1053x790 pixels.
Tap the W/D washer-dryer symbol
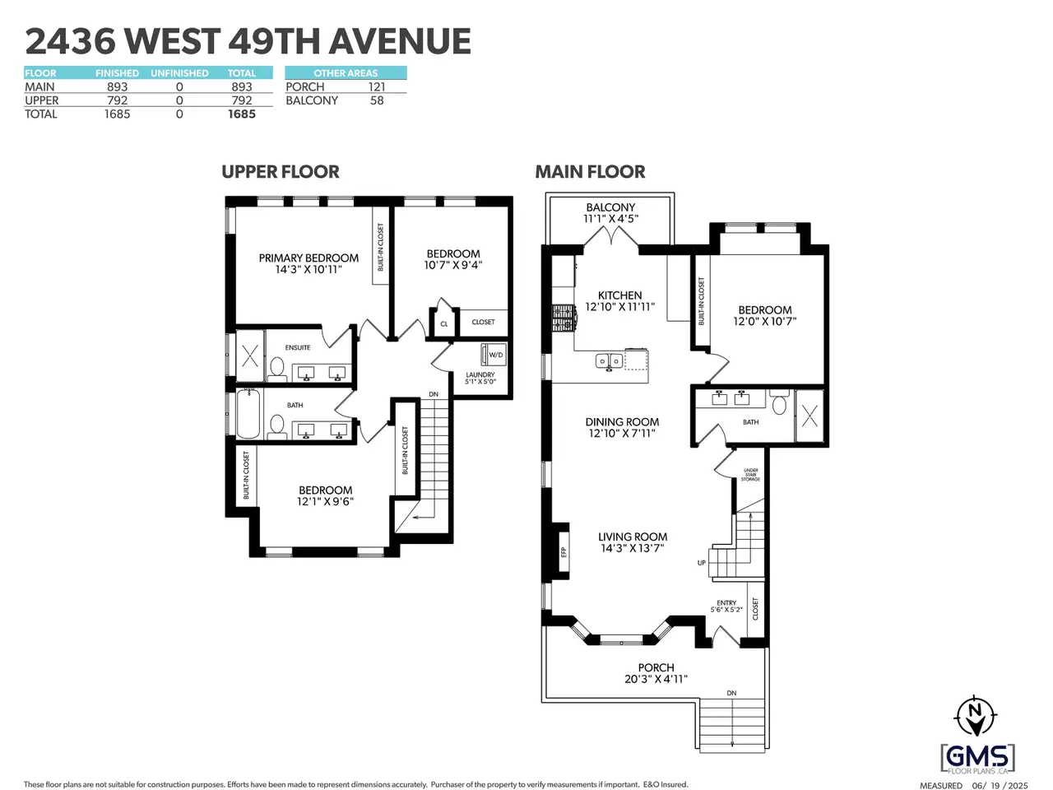click(x=493, y=355)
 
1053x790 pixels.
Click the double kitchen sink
click(x=610, y=360)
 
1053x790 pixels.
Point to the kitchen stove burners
click(x=564, y=318)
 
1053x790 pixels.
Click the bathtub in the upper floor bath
click(x=248, y=413)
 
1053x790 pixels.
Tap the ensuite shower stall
click(x=250, y=355)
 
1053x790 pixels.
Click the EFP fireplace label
click(x=564, y=552)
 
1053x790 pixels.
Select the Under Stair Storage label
click(x=751, y=475)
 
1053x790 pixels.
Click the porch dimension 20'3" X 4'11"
click(x=656, y=679)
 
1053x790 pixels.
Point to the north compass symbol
click(x=976, y=716)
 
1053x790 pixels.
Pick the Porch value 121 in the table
click(x=377, y=87)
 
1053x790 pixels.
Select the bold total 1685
click(x=242, y=114)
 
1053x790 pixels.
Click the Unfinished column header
click(x=179, y=73)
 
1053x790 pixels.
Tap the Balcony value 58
click(x=377, y=100)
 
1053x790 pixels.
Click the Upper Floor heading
click(x=281, y=172)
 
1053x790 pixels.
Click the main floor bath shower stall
click(x=809, y=416)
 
